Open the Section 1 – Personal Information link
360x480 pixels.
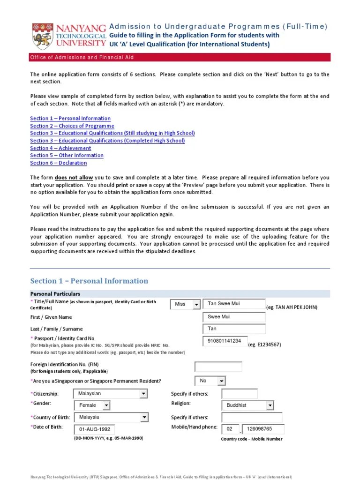coord(70,119)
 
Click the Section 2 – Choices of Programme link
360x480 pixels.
coord(72,126)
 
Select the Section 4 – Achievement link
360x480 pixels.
coord(60,148)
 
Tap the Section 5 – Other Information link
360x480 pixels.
coord(67,155)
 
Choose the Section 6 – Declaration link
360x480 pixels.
coord(58,163)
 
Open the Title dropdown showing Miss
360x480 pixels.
coord(185,304)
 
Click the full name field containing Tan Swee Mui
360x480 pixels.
coord(234,304)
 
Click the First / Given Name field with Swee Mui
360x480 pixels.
coord(234,317)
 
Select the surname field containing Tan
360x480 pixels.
coord(234,329)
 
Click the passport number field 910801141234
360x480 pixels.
coord(225,341)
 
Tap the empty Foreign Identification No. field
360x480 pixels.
coord(218,367)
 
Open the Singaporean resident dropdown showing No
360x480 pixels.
coord(210,381)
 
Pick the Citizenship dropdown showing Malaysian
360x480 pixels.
coord(111,394)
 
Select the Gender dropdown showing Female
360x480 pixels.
coord(92,405)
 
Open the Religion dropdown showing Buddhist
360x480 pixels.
coord(247,405)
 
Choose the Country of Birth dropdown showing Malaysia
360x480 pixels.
coord(111,417)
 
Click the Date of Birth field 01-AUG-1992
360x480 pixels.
coord(94,429)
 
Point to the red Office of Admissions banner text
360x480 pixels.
coord(82,57)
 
